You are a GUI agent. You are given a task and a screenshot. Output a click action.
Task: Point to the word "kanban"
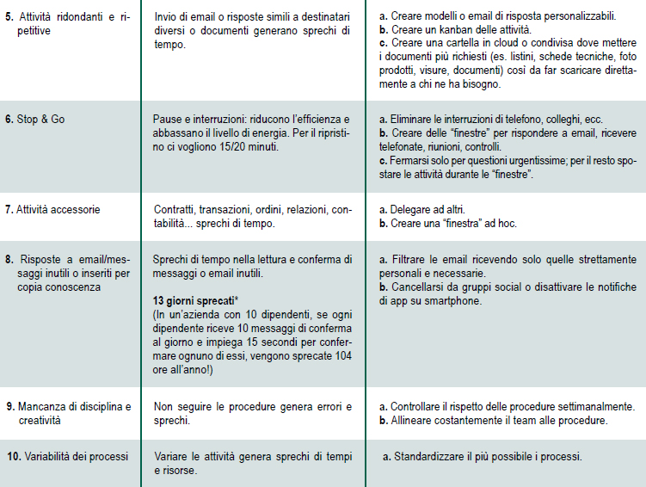click(446, 28)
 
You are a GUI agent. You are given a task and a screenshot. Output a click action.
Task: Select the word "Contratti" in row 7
click(175, 210)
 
